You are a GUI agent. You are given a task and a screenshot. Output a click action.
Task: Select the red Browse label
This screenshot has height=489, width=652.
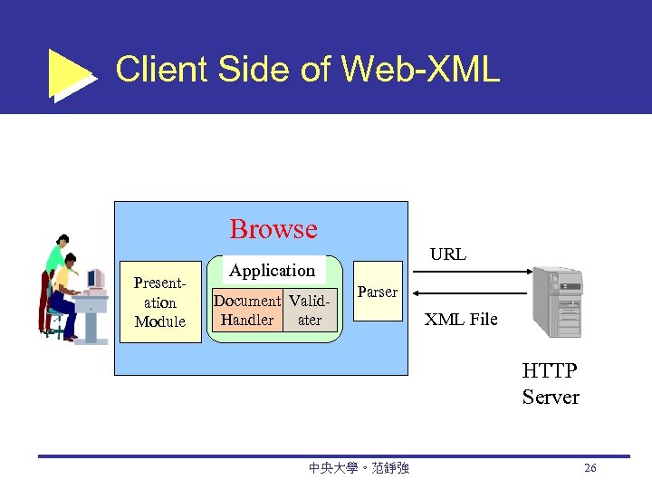point(273,229)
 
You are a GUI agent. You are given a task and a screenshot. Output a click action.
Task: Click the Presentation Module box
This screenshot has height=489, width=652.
point(159,302)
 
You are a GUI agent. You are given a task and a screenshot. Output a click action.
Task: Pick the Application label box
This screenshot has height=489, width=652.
point(272,270)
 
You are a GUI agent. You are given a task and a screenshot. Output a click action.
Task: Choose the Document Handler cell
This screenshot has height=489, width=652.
point(246,310)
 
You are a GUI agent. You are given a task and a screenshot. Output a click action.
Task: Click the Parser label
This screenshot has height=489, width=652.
point(377,292)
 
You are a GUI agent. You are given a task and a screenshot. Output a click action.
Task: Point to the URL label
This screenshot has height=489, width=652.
point(447,254)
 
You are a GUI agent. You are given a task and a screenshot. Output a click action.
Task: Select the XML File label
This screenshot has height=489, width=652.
point(461,319)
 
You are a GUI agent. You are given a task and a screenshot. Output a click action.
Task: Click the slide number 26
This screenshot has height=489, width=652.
point(590,468)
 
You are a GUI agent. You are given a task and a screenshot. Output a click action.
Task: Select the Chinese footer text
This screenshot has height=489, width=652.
point(359,468)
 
